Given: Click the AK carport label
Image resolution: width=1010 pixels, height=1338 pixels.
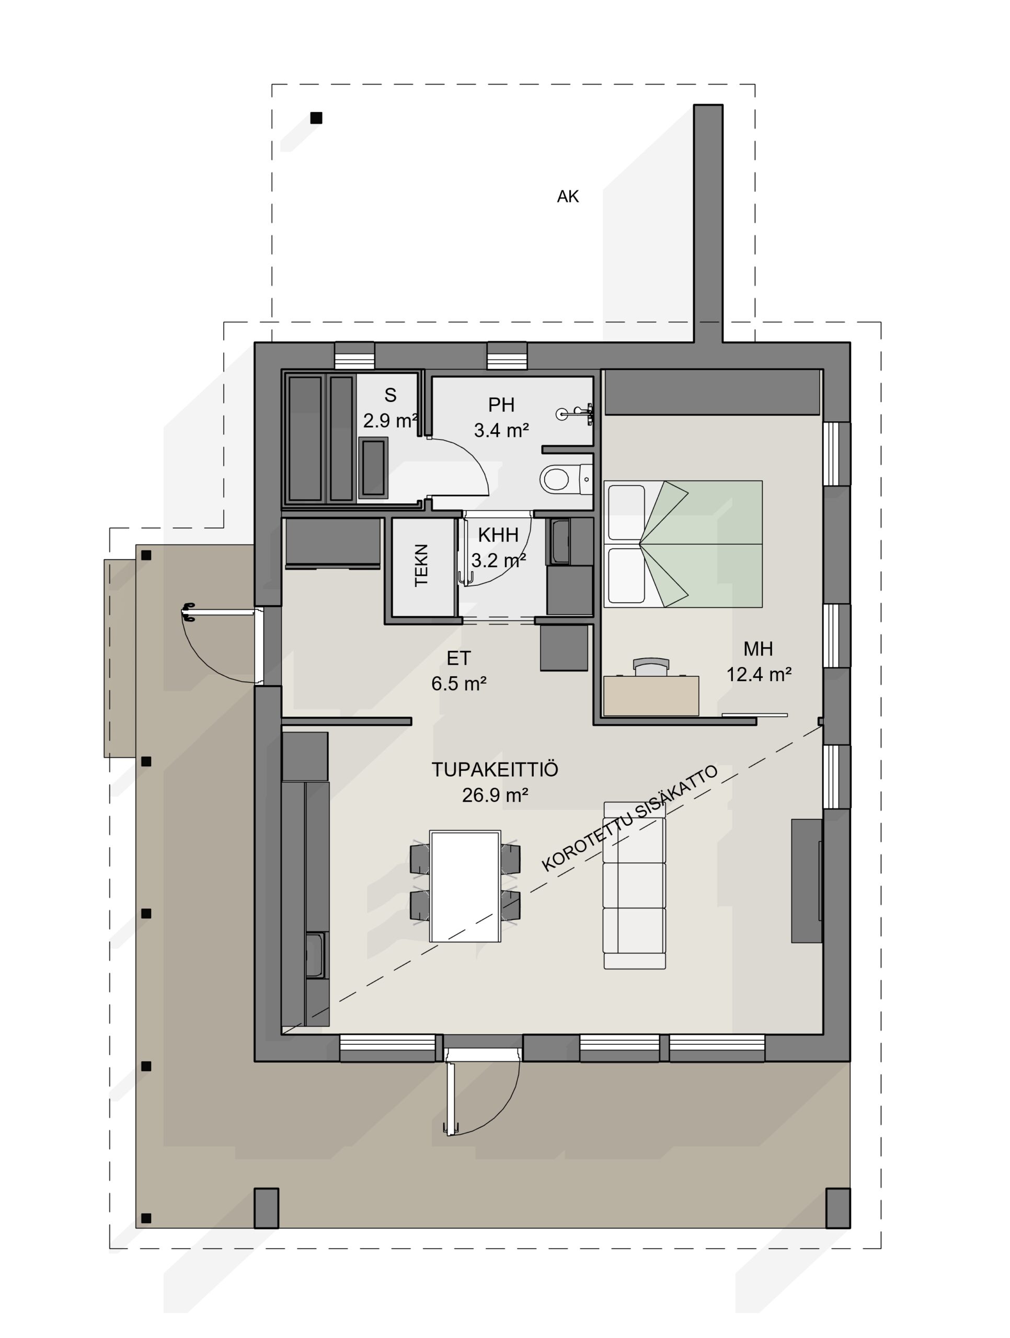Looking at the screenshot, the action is pos(568,197).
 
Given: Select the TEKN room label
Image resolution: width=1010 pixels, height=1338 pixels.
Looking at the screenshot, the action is pos(421,565).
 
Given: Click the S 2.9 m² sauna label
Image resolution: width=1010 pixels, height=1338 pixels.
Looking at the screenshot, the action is pos(391,408).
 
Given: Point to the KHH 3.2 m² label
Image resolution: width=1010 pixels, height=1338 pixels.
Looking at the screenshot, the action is pos(498,547).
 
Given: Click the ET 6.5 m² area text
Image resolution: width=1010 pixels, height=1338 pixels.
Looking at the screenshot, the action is pos(458,671).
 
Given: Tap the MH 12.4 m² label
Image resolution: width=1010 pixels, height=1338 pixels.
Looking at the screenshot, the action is pos(759,661).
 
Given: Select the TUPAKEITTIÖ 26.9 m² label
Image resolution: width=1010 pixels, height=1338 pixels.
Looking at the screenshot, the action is pos(495,782).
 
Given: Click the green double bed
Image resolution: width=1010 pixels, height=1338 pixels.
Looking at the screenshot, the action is pos(683,544).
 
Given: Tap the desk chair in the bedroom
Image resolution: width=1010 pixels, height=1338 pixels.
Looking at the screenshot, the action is pos(651,665).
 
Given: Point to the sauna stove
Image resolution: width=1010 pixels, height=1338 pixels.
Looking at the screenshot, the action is pos(373,468).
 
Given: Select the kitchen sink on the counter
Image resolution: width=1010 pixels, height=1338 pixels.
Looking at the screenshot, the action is pos(315,956).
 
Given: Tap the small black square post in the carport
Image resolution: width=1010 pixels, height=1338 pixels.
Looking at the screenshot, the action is pos(316,118).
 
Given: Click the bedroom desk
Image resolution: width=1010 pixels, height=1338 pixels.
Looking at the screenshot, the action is pos(651,696).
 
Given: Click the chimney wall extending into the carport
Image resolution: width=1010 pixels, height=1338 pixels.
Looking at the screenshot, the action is pos(708,224).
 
